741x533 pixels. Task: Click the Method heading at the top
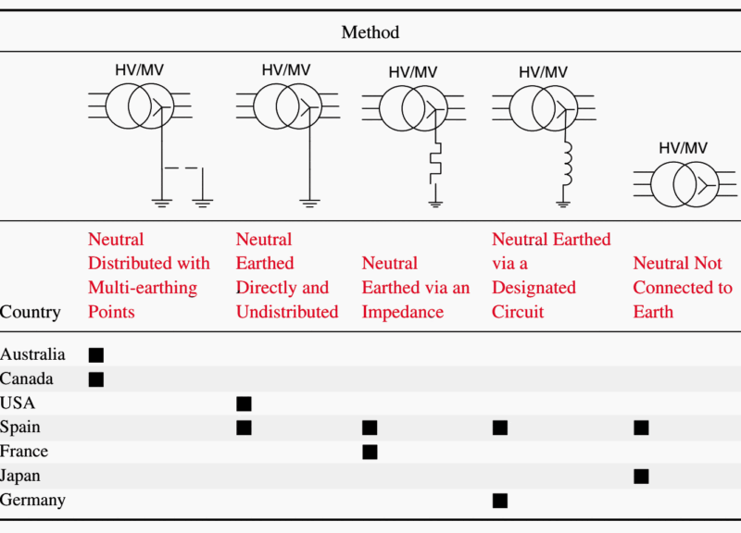pos(370,32)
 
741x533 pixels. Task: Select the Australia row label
pos(33,354)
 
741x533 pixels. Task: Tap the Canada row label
pos(27,378)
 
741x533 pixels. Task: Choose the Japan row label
pos(20,476)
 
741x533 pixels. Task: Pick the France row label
pos(24,452)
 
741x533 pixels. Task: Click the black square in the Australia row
pos(95,354)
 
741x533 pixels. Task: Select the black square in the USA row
pos(244,403)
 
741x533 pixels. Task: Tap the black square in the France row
pos(370,452)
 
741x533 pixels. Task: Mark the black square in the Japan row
pos(641,476)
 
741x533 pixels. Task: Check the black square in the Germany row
pos(500,501)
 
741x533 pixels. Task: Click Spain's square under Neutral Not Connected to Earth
pos(641,428)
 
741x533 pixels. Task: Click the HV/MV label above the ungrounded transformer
pos(683,148)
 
